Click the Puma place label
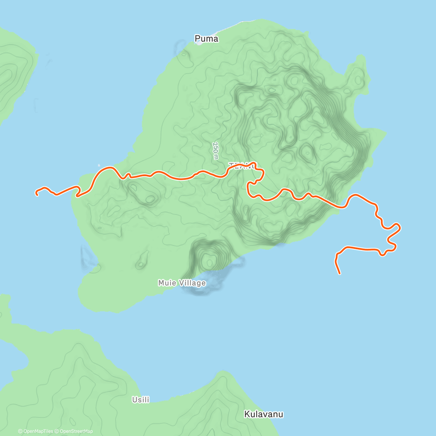pos(206,39)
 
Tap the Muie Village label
pos(182,283)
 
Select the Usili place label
pos(141,400)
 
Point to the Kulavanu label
pos(263,414)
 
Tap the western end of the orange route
pos(37,194)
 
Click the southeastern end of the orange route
pos(339,273)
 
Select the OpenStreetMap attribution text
pos(76,431)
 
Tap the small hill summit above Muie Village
pos(209,261)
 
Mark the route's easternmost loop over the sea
pos(398,228)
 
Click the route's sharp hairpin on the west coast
pos(77,195)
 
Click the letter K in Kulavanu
pos(247,414)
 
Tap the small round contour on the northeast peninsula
pos(358,80)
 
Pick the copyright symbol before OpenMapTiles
pos(20,431)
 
